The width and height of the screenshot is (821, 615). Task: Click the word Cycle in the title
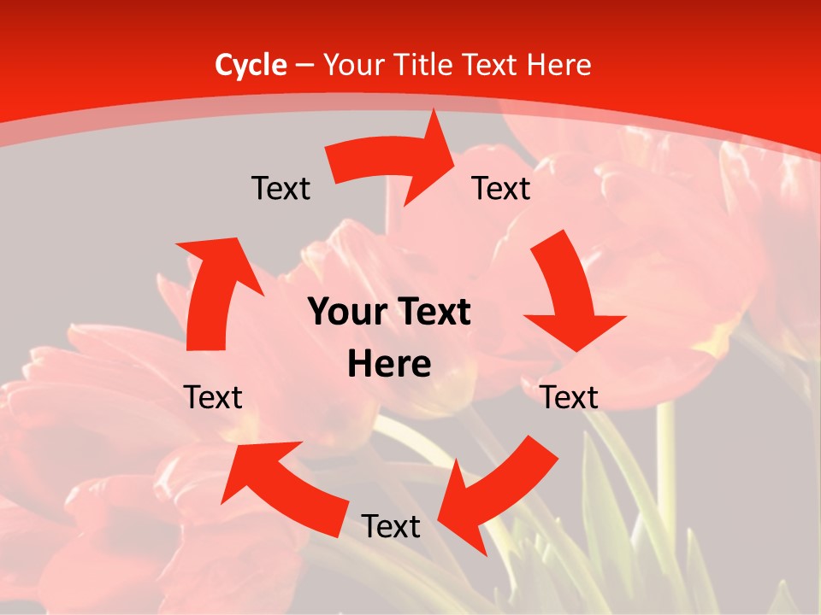click(x=251, y=65)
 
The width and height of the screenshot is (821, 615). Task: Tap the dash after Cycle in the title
click(x=304, y=65)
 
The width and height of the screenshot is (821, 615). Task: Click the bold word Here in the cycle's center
click(x=389, y=365)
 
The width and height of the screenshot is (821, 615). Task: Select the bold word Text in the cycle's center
click(x=433, y=313)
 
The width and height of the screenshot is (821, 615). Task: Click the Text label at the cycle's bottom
click(x=391, y=526)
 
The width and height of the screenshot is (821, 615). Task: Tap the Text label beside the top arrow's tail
click(x=281, y=188)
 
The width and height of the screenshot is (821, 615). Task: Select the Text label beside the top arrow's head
click(x=501, y=188)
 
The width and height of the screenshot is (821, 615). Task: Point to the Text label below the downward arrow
click(x=570, y=397)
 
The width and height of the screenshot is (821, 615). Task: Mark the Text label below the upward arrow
click(x=213, y=397)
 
